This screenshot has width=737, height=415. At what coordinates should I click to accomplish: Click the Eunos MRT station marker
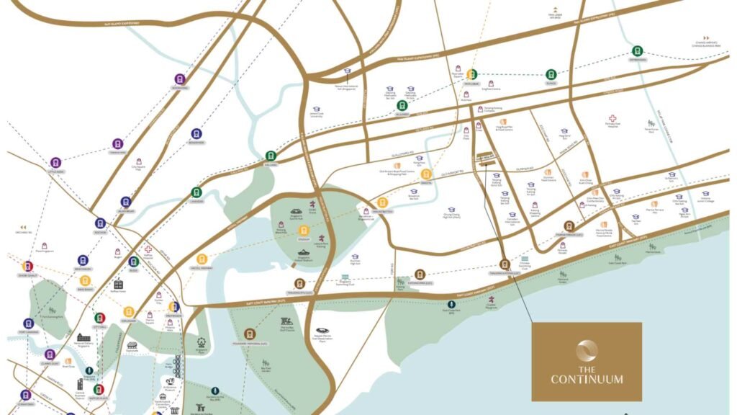pos(551,73)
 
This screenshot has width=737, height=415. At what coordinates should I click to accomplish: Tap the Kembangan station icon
pos(637,50)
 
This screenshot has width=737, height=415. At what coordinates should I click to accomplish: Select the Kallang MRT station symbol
pos(271,155)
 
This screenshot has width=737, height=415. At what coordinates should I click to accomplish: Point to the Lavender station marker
pos(196,192)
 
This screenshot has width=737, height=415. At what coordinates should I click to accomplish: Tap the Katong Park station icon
pos(420,274)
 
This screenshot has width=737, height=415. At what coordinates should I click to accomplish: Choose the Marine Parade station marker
pos(569,226)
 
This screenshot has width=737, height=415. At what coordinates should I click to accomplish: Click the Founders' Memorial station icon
pos(250,334)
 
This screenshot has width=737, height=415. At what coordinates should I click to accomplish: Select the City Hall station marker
pos(100,318)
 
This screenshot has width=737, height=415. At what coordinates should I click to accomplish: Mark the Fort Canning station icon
pos(28,323)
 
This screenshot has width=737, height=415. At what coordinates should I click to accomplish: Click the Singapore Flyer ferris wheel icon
pos(201,344)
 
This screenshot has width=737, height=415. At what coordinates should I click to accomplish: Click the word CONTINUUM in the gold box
pos(587,379)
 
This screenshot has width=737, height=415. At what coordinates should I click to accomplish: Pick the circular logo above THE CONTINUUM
pos(587,351)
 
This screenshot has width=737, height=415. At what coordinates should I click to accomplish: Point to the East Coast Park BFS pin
pos(451,305)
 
